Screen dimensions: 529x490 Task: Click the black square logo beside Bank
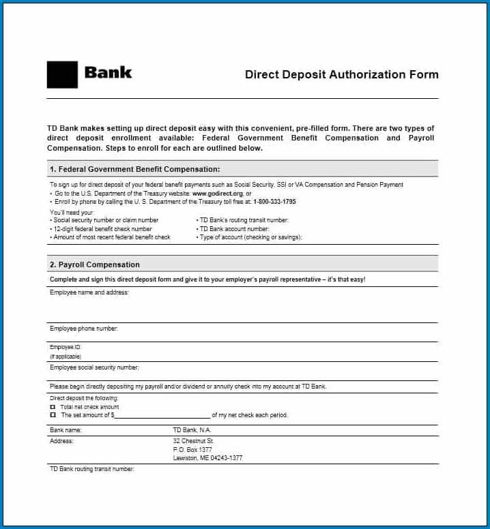[x=62, y=74]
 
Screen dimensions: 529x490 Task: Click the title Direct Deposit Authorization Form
[x=341, y=74]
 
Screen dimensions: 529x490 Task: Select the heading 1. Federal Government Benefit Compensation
[x=134, y=169]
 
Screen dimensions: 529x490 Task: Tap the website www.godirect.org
[x=217, y=194]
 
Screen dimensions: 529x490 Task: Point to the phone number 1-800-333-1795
[x=274, y=202]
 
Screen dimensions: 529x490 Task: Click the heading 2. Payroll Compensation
[x=94, y=264]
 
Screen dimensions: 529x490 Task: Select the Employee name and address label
[x=89, y=292]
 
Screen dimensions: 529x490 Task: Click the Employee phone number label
[x=84, y=329]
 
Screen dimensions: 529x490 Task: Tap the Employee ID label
[x=66, y=347]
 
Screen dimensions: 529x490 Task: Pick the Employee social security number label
[x=94, y=367]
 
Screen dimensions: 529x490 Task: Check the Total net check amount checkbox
[x=53, y=407]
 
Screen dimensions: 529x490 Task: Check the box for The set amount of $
[x=53, y=415]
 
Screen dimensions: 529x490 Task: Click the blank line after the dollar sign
[x=162, y=415]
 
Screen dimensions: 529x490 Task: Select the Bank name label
[x=66, y=430]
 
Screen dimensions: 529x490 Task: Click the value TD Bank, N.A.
[x=192, y=430]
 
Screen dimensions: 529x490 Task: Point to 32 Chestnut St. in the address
[x=194, y=441]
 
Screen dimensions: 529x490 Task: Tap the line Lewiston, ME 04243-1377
[x=207, y=458]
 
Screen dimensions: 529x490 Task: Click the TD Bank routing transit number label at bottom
[x=92, y=469]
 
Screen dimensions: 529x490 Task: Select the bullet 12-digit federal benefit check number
[x=102, y=229]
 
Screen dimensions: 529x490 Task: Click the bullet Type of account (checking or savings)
[x=250, y=237]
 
